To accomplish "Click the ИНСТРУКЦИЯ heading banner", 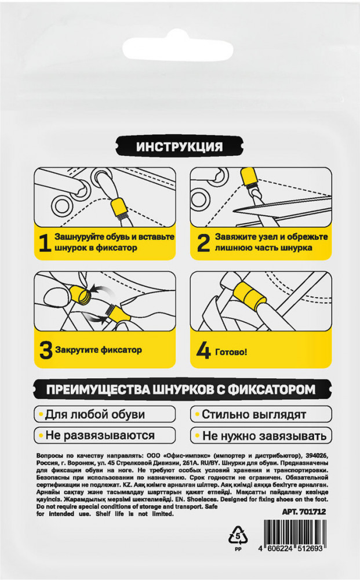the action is click(180, 147).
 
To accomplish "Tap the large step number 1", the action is click(45, 242).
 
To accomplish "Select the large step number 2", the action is click(203, 242).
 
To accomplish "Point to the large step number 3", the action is click(46, 350).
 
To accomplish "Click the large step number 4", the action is click(203, 351).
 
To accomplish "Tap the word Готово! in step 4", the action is click(231, 352).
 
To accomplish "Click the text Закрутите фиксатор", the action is click(99, 350).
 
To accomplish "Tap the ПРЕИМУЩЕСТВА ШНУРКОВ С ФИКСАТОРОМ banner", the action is click(181, 390).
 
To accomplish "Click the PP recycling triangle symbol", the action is click(238, 535).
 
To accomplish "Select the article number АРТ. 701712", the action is click(304, 512).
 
